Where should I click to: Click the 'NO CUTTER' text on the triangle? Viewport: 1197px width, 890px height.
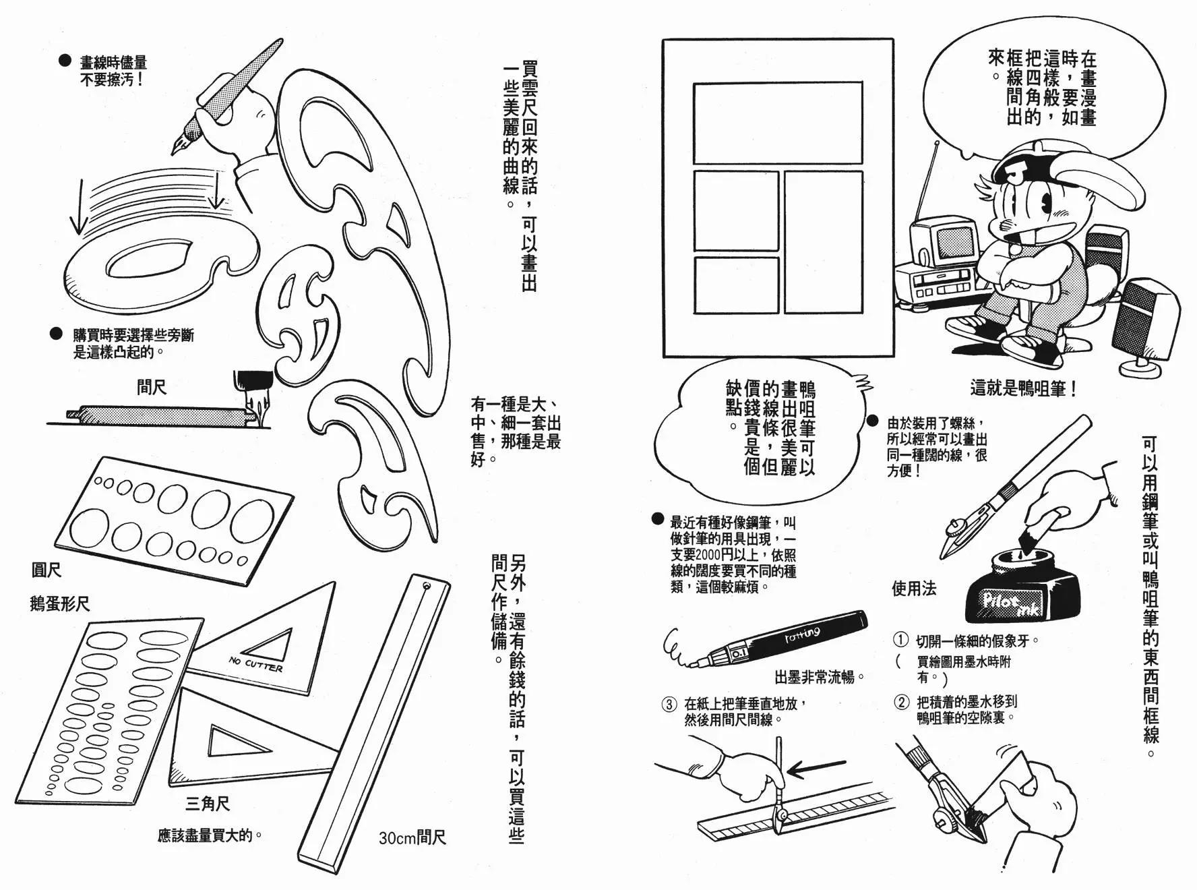pyautogui.click(x=255, y=663)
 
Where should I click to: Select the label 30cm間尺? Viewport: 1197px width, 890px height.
pyautogui.click(x=412, y=838)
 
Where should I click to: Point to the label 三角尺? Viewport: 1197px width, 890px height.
pyautogui.click(x=208, y=803)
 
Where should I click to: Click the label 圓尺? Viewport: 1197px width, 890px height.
pyautogui.click(x=47, y=570)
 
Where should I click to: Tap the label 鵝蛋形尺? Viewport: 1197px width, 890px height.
pyautogui.click(x=59, y=603)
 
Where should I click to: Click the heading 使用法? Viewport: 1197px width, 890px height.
pyautogui.click(x=914, y=589)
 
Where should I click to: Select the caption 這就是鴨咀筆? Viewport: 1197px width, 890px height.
pyautogui.click(x=1023, y=389)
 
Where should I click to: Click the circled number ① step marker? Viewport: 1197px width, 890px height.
pyautogui.click(x=900, y=640)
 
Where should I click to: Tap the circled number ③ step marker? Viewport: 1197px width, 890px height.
pyautogui.click(x=669, y=705)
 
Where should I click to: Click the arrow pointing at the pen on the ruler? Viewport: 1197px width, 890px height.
pyautogui.click(x=817, y=767)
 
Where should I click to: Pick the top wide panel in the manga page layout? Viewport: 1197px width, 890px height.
pyautogui.click(x=778, y=123)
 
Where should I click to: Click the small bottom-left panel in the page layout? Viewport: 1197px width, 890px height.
pyautogui.click(x=736, y=285)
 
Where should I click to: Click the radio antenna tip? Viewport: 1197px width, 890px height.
pyautogui.click(x=938, y=143)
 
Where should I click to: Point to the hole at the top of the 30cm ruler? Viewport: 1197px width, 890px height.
pyautogui.click(x=425, y=586)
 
